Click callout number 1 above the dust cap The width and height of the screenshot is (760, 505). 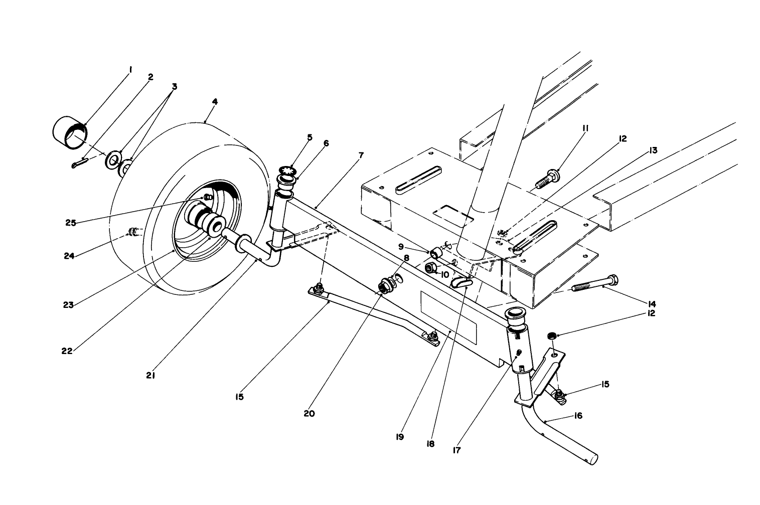click(130, 70)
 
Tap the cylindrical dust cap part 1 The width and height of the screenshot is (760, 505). click(70, 132)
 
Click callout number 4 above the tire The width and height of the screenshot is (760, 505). click(215, 101)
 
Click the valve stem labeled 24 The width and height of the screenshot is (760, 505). click(133, 231)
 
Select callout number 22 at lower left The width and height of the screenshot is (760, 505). click(67, 351)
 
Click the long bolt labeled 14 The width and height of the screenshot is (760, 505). click(595, 284)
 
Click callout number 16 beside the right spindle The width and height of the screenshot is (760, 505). click(578, 416)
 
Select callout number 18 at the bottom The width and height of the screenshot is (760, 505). click(430, 444)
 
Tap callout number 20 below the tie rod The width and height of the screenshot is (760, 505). click(309, 414)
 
